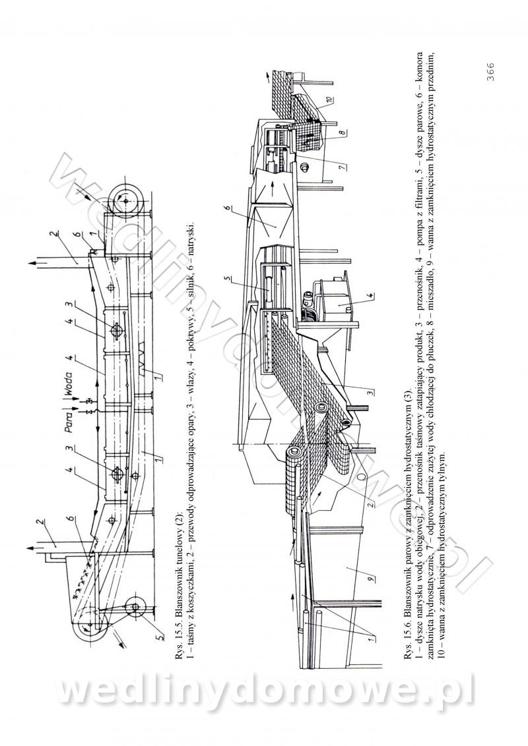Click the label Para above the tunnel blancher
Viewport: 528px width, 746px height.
(69, 420)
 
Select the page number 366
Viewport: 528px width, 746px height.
(491, 72)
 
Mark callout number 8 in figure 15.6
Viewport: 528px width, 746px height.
(342, 133)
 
